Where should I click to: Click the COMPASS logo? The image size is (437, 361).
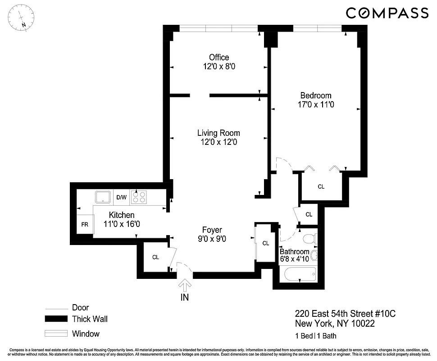[387, 13]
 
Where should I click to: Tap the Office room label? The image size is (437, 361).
[219, 57]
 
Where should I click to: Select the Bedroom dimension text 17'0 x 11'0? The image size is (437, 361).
[316, 104]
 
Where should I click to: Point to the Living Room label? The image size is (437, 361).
[218, 133]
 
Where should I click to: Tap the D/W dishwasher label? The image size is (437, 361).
[122, 198]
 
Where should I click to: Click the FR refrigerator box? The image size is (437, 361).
[85, 224]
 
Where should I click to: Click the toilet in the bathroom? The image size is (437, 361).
[310, 238]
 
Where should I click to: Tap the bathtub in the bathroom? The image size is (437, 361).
[298, 274]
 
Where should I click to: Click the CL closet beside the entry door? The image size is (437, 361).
[155, 257]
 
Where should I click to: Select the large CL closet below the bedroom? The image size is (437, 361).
[321, 186]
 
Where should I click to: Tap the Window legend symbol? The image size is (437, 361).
[55, 334]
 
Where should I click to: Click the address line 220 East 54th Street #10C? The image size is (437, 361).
[345, 314]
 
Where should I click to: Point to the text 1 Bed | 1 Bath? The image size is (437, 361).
[315, 336]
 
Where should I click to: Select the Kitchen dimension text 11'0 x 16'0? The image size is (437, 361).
[119, 224]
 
